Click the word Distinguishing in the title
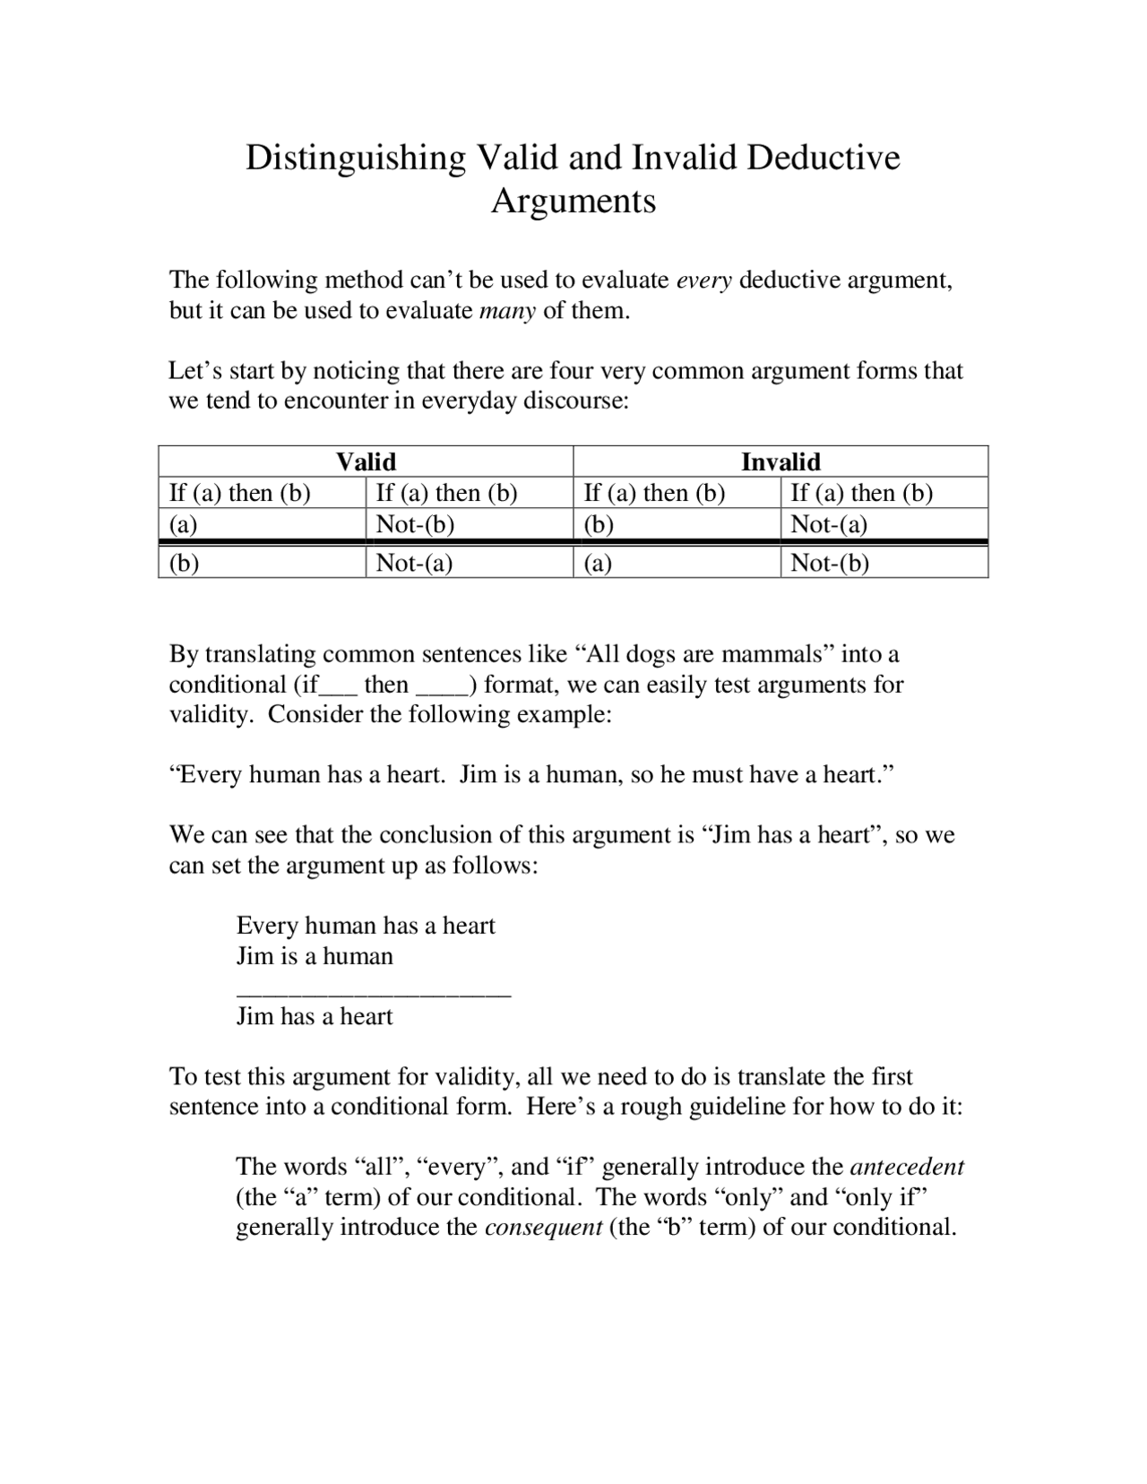click(356, 158)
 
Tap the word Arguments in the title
click(573, 201)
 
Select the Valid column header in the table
click(366, 462)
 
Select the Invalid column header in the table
click(780, 462)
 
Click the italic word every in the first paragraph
click(703, 280)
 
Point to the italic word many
click(507, 311)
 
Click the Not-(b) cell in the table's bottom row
click(830, 563)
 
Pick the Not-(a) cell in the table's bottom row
click(414, 563)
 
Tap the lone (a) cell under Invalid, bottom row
click(599, 563)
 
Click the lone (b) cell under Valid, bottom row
click(184, 563)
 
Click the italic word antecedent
click(906, 1167)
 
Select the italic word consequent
click(543, 1227)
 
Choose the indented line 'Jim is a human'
click(315, 956)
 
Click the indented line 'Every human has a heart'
click(366, 926)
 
